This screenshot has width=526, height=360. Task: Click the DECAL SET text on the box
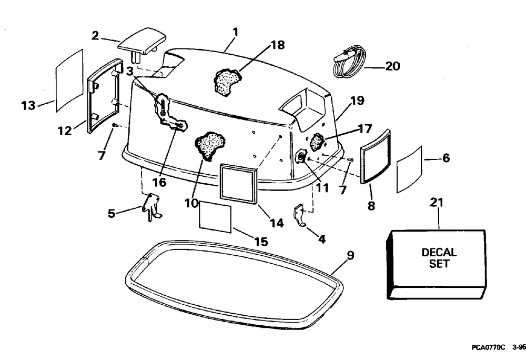click(x=439, y=258)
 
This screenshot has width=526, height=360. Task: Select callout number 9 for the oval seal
click(x=350, y=256)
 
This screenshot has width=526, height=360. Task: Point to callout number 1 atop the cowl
click(x=235, y=32)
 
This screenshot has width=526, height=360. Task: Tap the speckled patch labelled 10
click(x=209, y=145)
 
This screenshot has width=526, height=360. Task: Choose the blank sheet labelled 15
click(x=215, y=216)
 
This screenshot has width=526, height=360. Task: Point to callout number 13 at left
click(x=28, y=106)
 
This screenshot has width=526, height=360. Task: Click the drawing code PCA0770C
click(x=488, y=347)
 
